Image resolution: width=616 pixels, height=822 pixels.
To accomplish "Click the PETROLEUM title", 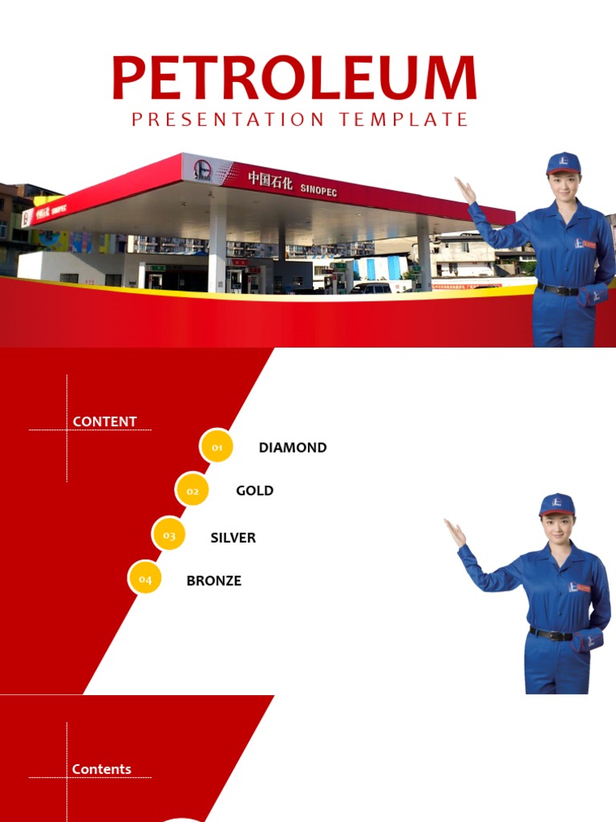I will [x=294, y=79].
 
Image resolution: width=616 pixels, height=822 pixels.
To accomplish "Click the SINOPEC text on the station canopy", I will [x=318, y=189].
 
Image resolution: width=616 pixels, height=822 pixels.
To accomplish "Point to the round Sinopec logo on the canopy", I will [x=201, y=170].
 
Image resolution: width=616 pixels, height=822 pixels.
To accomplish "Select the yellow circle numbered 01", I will [x=217, y=447].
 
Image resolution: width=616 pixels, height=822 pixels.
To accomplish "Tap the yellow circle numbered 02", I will [x=192, y=490].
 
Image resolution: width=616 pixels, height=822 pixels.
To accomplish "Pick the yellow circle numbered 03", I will [x=168, y=535].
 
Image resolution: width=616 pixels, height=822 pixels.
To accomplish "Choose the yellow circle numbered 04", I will [x=145, y=578].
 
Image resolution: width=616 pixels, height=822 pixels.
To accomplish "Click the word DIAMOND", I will [x=293, y=448].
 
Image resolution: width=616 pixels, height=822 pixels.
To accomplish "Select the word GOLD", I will [x=254, y=490].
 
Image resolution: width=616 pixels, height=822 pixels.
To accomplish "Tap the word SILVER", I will [x=233, y=538].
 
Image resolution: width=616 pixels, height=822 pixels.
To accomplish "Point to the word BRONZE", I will [x=213, y=580].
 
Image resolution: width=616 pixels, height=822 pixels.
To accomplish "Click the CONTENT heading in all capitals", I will [x=104, y=421].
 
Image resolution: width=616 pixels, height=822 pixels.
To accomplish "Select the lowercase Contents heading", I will [x=102, y=769].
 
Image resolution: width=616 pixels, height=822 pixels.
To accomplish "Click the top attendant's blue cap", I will [x=563, y=162].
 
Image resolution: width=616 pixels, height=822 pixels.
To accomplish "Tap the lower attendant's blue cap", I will [x=557, y=503].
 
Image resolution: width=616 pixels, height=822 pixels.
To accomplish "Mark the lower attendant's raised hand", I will [x=455, y=531].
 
